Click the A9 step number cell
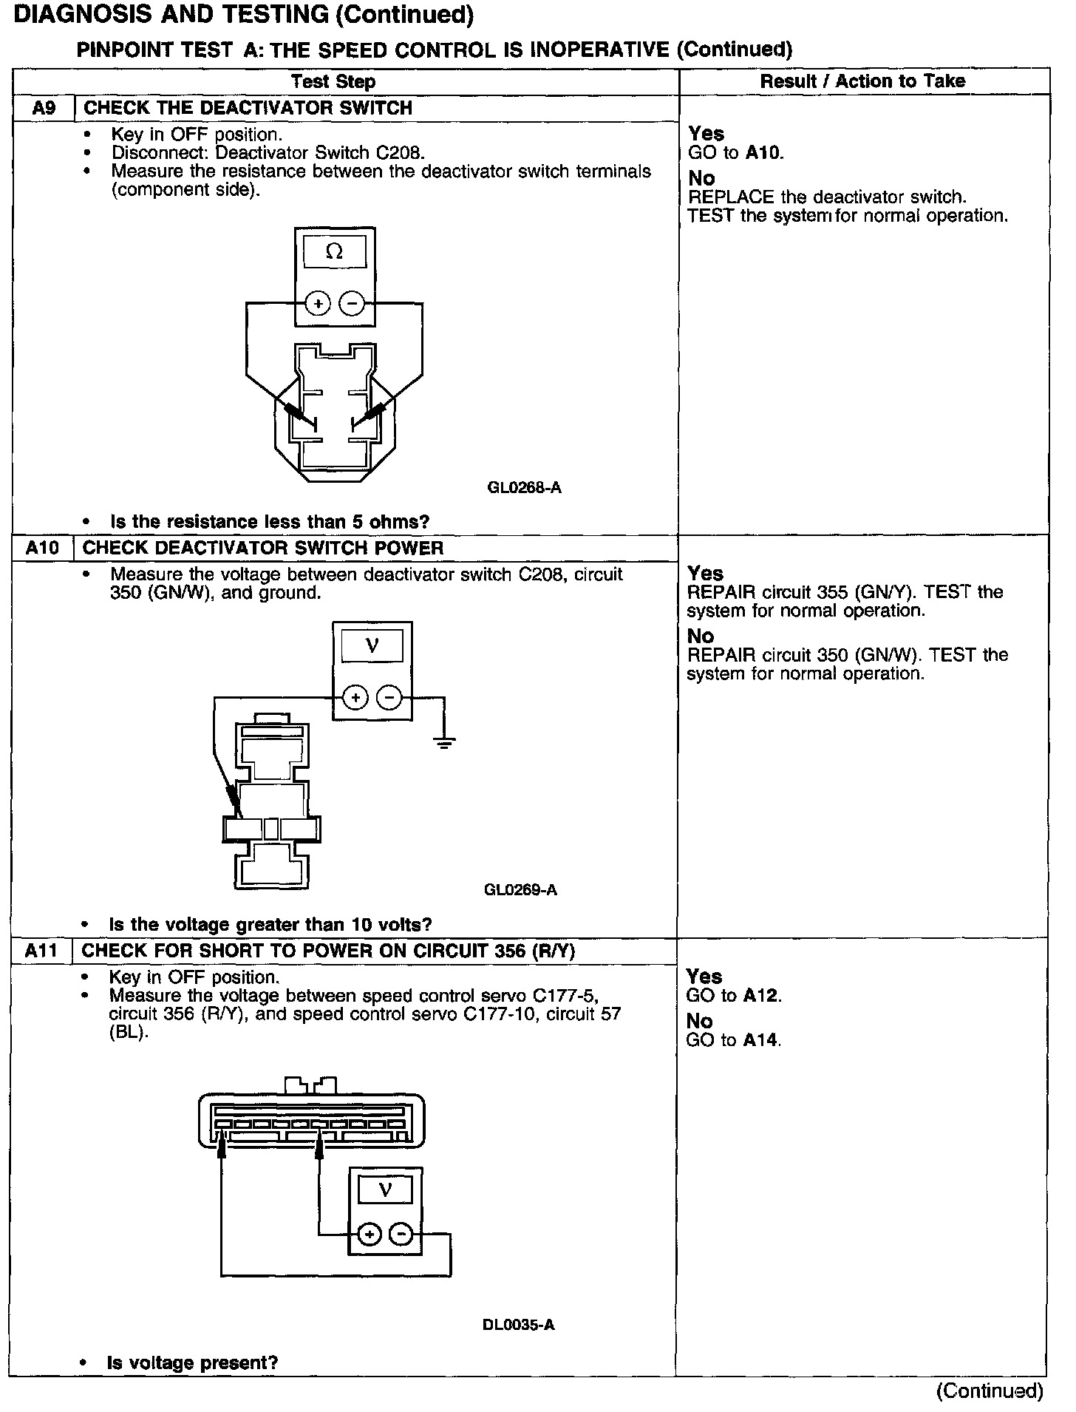coord(44,108)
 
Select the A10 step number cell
coord(43,548)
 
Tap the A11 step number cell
coord(41,951)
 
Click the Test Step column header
coord(333,81)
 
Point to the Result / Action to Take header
coord(862,81)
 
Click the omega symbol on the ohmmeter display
coord(334,252)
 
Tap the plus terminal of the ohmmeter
coord(318,303)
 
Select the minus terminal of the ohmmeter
coord(352,303)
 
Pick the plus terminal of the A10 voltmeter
coord(355,697)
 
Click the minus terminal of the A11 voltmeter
coord(401,1234)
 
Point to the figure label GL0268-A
coord(524,488)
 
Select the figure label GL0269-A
coord(520,889)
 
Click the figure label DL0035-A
coord(518,1324)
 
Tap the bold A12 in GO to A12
coord(761,996)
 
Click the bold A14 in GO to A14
coord(761,1040)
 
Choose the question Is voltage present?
coord(192,1362)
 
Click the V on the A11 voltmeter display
coord(384,1189)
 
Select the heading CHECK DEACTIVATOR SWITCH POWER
coord(263,548)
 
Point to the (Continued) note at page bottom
coord(990,1391)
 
